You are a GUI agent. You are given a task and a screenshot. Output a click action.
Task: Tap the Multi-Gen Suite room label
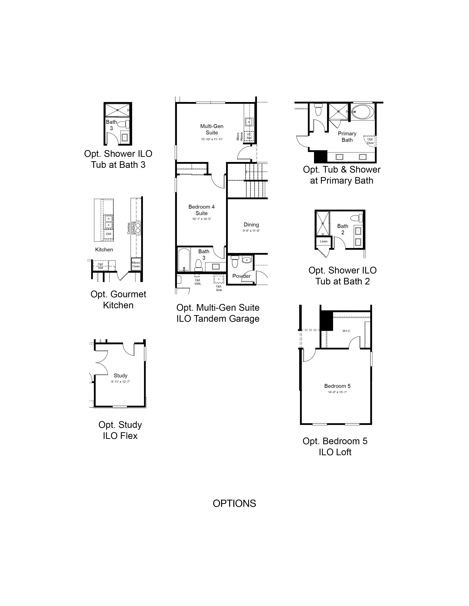tap(212, 129)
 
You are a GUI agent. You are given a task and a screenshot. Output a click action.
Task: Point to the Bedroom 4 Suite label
tap(201, 210)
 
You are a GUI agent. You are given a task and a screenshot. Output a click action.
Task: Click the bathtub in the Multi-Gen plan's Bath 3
tap(184, 259)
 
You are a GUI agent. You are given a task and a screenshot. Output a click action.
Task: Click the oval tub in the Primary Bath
tap(363, 111)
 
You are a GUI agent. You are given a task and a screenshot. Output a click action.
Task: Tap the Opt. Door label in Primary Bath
tap(370, 141)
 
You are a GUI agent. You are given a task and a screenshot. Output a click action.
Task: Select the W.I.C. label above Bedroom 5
tap(347, 331)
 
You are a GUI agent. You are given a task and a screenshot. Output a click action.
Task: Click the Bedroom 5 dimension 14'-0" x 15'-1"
tap(337, 392)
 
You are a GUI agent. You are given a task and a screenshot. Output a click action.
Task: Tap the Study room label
tap(121, 375)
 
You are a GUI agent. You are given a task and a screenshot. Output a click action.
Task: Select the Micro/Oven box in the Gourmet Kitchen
tap(136, 264)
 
